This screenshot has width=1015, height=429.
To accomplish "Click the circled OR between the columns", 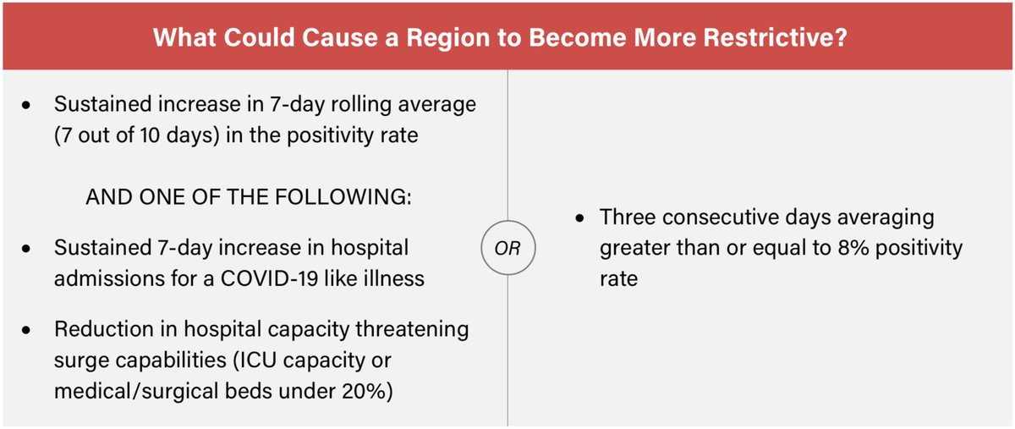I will pyautogui.click(x=507, y=250).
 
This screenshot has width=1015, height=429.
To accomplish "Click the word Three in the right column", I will pyautogui.click(x=628, y=217).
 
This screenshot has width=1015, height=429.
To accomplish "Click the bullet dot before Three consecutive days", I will pyautogui.click(x=579, y=218).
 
